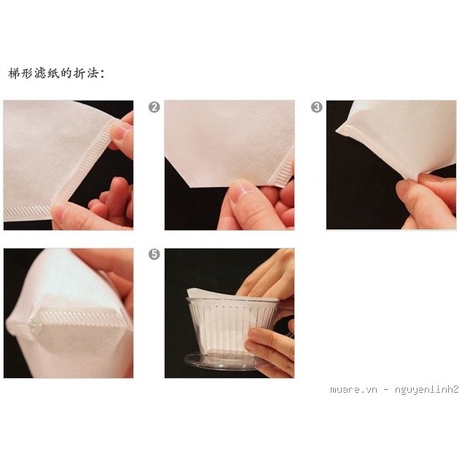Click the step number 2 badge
(154, 107)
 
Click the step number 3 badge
(316, 107)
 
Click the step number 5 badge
(154, 254)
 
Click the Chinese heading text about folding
(56, 73)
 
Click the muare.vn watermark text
(394, 390)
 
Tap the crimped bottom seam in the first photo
(28, 211)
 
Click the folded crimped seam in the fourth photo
(79, 319)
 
